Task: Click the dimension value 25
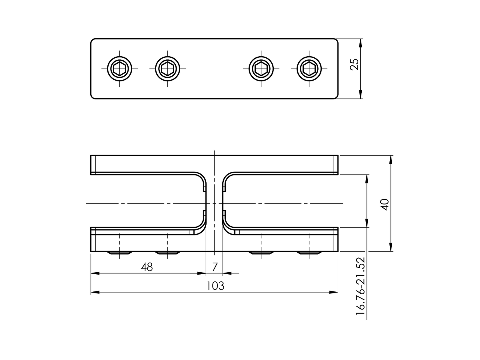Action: (354, 65)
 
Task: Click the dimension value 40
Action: (385, 204)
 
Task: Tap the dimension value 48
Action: (147, 267)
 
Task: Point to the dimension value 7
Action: (215, 267)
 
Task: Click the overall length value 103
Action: (215, 286)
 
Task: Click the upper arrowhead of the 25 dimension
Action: (361, 43)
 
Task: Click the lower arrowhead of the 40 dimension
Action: (391, 247)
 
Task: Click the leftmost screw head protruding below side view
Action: (119, 253)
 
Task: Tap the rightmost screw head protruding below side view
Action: (309, 253)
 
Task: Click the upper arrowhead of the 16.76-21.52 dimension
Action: (367, 179)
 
